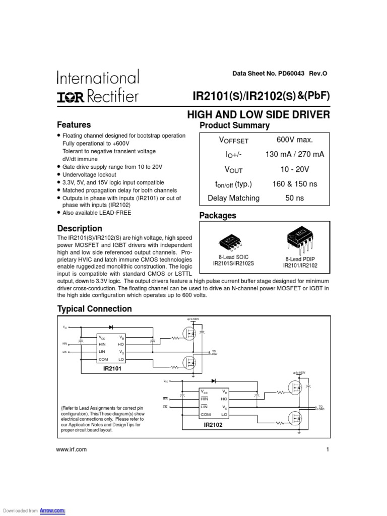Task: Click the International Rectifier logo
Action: (x=98, y=86)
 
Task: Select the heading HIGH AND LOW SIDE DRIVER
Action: (x=259, y=115)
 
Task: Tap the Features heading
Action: (x=74, y=124)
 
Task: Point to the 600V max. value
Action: (x=295, y=140)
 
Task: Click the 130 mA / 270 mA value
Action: (x=295, y=154)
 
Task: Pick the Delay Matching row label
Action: (x=234, y=198)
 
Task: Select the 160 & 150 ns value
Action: (x=295, y=183)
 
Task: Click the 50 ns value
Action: (x=295, y=198)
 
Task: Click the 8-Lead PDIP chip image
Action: (x=300, y=239)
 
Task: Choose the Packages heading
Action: (x=218, y=215)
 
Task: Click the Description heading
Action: (x=80, y=228)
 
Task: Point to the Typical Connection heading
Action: (x=95, y=308)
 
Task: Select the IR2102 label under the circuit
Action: (x=213, y=425)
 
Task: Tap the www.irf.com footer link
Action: (x=72, y=449)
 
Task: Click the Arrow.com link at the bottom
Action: (x=53, y=510)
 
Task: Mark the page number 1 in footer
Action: (x=327, y=449)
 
